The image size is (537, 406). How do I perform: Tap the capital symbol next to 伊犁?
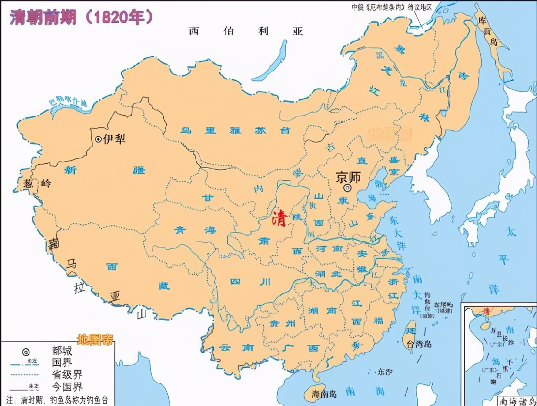98,139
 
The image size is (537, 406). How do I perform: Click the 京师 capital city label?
348,177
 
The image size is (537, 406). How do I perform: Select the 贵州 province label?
280,323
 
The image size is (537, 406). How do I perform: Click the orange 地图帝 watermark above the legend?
95,339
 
